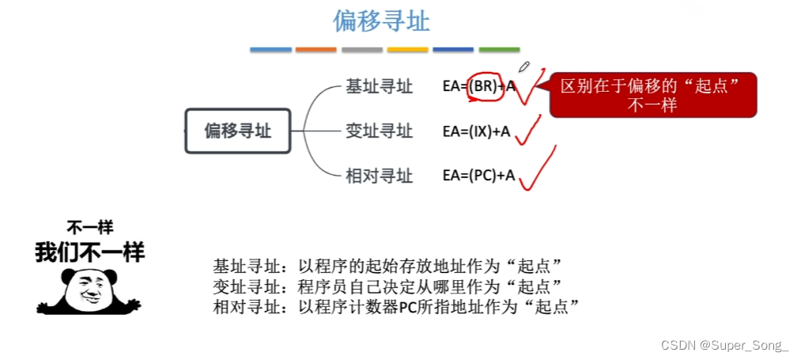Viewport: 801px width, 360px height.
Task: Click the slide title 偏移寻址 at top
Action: tap(381, 21)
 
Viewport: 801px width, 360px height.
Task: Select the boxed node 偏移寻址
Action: tap(237, 131)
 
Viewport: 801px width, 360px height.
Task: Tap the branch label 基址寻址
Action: tap(379, 87)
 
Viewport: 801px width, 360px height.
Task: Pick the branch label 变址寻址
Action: tap(379, 131)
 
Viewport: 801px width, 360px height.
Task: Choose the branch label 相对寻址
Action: tap(379, 176)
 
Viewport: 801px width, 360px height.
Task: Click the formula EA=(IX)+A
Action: tap(476, 131)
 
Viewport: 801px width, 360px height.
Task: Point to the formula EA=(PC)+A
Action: tap(478, 176)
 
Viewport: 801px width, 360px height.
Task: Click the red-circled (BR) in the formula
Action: tap(484, 87)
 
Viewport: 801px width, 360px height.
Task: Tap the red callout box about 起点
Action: tap(652, 95)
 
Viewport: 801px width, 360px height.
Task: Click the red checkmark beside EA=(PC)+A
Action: tap(536, 169)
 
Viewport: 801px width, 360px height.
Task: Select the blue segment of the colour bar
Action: tap(270, 50)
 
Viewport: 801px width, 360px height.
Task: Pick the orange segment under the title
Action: tap(316, 50)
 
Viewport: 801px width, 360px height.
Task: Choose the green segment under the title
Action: tap(499, 50)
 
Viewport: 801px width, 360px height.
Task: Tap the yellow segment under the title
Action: tap(408, 50)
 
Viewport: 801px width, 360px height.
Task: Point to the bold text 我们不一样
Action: tap(89, 252)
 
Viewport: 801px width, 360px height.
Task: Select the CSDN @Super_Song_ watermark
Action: tap(725, 346)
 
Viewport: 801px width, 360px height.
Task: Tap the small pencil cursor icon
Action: tap(523, 66)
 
